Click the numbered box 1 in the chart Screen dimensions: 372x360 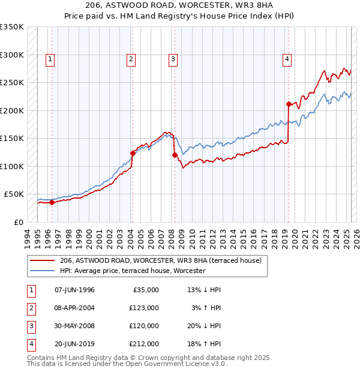coord(49,59)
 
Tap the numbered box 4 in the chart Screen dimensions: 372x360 coord(287,59)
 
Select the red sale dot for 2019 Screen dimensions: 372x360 coord(289,104)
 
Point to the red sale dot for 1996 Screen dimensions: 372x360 coord(52,202)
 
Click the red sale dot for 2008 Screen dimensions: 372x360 coord(175,155)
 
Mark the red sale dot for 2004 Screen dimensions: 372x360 coord(133,153)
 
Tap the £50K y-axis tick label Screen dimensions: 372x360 coord(14,194)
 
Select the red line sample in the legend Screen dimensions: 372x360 coord(41,261)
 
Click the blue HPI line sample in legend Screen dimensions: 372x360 coord(41,271)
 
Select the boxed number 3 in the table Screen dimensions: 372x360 coord(30,326)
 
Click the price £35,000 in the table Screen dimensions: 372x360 coord(145,290)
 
